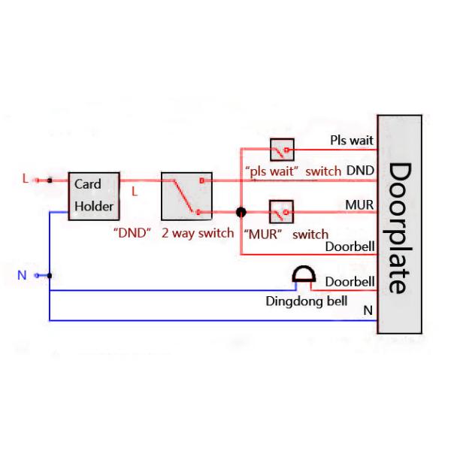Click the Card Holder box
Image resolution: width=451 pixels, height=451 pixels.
[94, 195]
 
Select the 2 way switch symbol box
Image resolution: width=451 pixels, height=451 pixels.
[186, 196]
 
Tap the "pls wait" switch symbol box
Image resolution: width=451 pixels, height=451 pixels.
[282, 150]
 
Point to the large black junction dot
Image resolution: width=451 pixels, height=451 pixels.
[241, 213]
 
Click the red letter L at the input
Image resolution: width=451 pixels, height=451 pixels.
[25, 179]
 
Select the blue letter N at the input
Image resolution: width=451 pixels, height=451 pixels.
[22, 275]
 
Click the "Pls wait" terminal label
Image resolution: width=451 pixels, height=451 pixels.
[352, 140]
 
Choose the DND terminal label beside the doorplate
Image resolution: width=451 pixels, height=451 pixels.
[360, 171]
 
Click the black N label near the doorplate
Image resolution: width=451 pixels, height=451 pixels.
[368, 310]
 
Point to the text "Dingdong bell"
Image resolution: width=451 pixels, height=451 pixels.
[307, 302]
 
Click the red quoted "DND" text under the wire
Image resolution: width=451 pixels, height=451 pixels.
[133, 233]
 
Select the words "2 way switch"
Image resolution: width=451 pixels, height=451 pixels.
[198, 233]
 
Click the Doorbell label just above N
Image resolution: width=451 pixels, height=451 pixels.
[350, 282]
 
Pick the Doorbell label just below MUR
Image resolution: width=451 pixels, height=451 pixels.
[350, 246]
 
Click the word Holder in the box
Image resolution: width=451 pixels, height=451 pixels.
[94, 207]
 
